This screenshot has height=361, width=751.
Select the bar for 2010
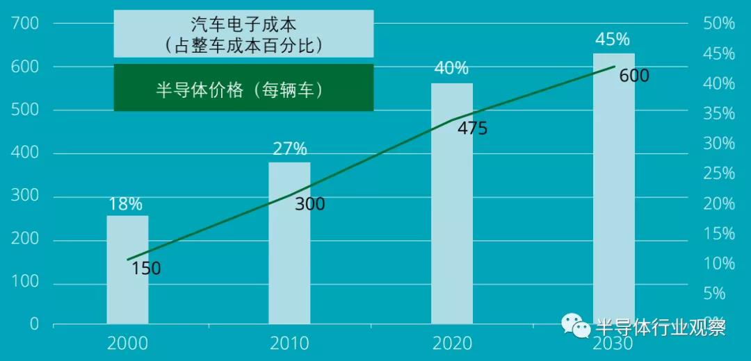[x=289, y=243]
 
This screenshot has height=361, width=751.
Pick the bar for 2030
[x=613, y=188]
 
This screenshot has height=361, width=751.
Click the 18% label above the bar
[x=126, y=204]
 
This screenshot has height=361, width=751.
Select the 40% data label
[x=451, y=69]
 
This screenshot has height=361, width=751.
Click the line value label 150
[x=146, y=269]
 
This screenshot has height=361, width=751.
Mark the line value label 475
[x=472, y=128]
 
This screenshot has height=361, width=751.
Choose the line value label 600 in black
[x=633, y=76]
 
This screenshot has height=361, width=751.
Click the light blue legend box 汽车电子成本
[x=243, y=34]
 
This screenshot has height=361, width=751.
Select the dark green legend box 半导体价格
[x=243, y=88]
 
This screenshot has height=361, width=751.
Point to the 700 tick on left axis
[x=25, y=24]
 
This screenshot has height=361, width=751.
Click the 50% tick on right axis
[x=718, y=24]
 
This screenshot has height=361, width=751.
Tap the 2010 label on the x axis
[x=289, y=344]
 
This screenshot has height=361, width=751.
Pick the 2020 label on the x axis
[x=451, y=344]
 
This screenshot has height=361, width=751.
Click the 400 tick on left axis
[x=25, y=154]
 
